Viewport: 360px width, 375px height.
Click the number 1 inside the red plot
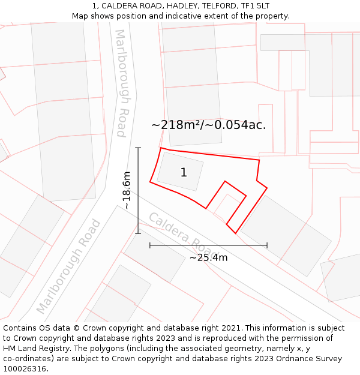pos(184,173)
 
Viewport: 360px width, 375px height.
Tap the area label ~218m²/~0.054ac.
pos(208,125)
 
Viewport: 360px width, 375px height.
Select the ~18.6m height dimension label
pos(127,190)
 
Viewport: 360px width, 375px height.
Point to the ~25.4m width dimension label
pos(208,257)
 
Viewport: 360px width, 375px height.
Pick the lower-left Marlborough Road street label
pos(68,266)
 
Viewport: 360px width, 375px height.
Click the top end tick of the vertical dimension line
pos(138,148)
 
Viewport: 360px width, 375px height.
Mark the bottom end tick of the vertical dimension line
pos(138,233)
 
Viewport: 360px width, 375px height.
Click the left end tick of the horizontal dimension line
pos(150,245)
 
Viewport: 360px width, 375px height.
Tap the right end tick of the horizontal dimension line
pos(267,245)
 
